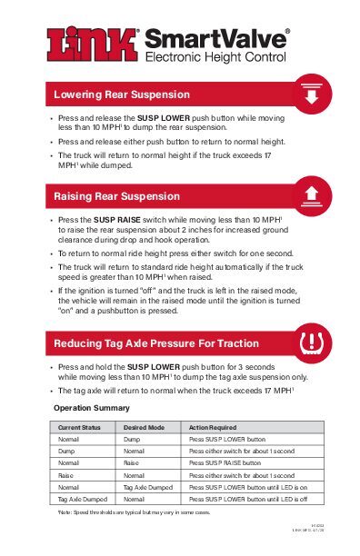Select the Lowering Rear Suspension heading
pos(122,94)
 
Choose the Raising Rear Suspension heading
pos(117,196)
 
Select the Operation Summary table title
pos(92,408)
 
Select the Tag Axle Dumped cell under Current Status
pos(83,499)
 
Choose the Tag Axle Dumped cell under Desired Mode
pos(149,487)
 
